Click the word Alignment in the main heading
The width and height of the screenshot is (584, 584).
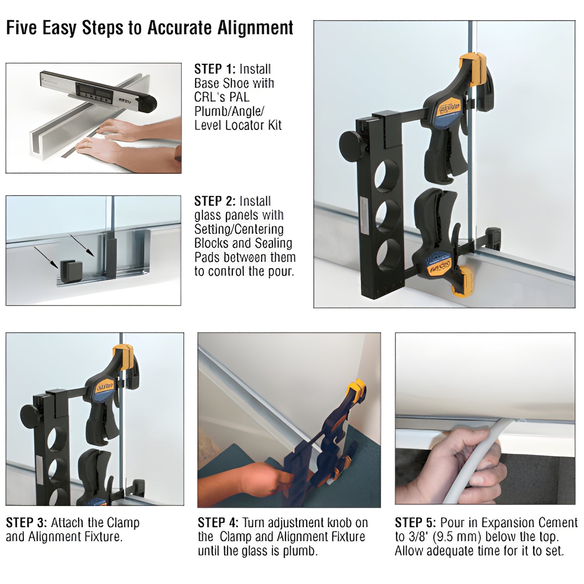255,28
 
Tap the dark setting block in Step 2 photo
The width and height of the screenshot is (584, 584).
71,270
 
